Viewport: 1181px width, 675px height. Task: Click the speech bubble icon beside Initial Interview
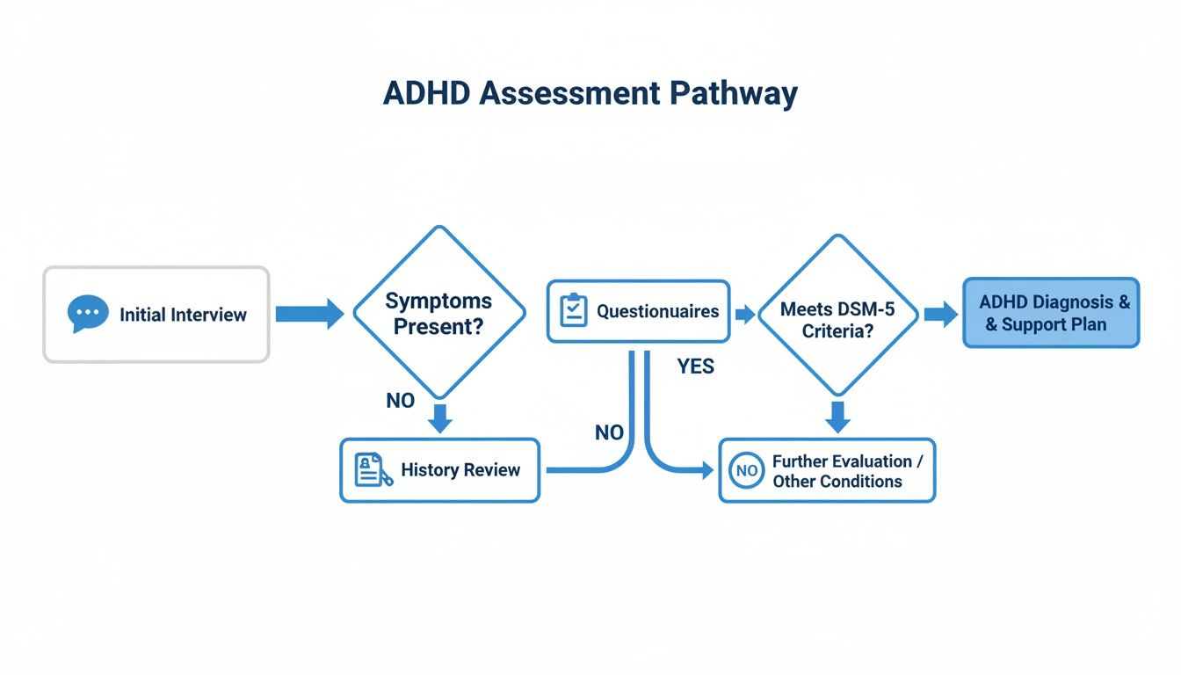(87, 315)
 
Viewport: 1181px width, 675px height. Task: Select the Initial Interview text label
(183, 315)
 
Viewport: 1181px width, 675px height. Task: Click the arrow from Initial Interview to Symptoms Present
(308, 314)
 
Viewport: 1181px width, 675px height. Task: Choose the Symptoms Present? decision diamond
(438, 313)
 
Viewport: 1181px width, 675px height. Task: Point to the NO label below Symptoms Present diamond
(400, 401)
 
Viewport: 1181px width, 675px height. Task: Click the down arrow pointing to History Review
(439, 418)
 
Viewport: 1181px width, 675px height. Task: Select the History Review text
(460, 470)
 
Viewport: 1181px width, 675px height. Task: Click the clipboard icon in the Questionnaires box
(573, 311)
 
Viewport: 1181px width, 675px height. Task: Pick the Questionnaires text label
(657, 311)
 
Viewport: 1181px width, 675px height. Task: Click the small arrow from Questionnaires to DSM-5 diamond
(744, 314)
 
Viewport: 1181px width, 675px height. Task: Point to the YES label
(695, 367)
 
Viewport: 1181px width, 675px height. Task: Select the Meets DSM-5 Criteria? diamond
(837, 314)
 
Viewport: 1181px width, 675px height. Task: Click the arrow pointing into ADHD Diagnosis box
(940, 314)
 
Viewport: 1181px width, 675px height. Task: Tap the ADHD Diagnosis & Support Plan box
(1051, 313)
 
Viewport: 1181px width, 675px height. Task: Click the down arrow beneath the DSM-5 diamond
(838, 417)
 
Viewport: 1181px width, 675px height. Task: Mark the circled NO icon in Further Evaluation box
(746, 471)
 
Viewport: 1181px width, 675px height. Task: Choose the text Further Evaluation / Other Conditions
(841, 471)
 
